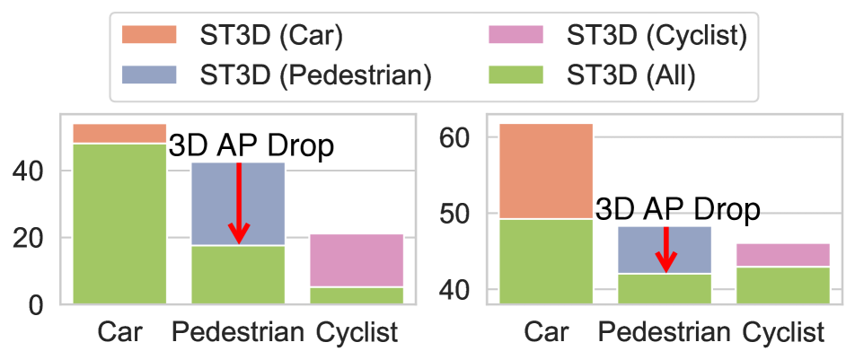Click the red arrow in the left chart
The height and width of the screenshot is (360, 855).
point(238,203)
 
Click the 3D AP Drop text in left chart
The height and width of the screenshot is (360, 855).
point(251,146)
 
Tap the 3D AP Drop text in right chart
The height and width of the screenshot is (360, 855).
point(678,210)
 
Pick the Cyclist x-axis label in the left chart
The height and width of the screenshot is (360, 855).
point(357,334)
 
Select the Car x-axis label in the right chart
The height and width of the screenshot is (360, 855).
point(546,334)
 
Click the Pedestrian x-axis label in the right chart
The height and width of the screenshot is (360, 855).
point(665,334)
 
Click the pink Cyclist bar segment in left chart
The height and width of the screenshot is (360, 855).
point(357,260)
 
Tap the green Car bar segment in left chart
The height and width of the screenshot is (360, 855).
point(119,224)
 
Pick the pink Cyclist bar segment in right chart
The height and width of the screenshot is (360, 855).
point(784,255)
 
